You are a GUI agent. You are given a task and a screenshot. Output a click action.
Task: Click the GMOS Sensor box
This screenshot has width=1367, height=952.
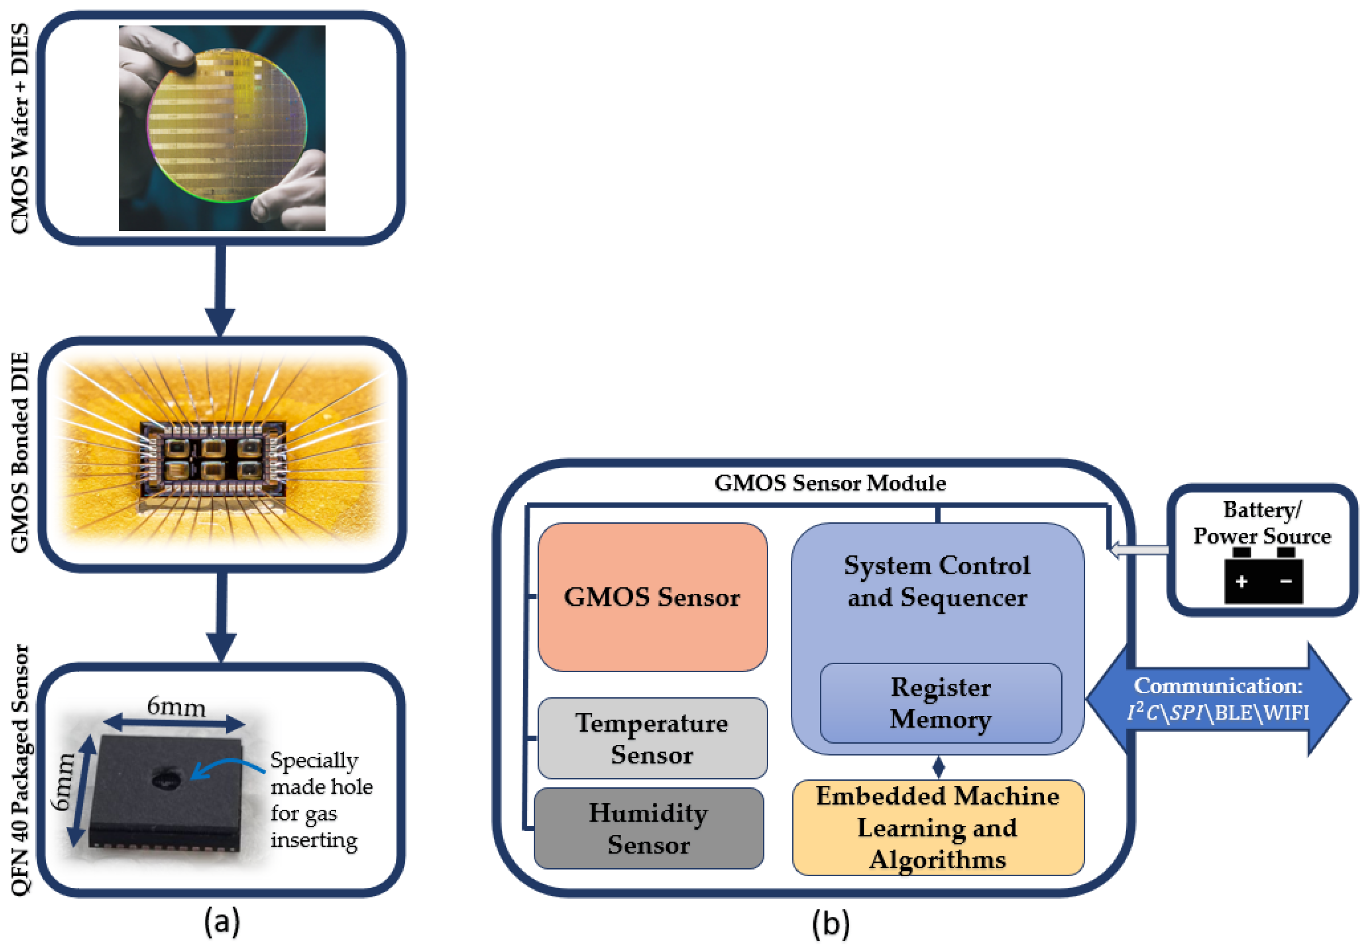click(652, 597)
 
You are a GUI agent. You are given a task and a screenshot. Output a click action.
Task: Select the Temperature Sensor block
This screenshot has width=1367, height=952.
click(652, 738)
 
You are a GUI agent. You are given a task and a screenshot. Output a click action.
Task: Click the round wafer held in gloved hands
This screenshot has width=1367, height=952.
click(227, 126)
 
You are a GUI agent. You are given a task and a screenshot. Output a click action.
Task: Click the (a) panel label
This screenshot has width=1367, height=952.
click(222, 921)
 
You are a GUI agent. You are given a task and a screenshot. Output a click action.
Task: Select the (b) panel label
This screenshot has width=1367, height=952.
click(830, 923)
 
